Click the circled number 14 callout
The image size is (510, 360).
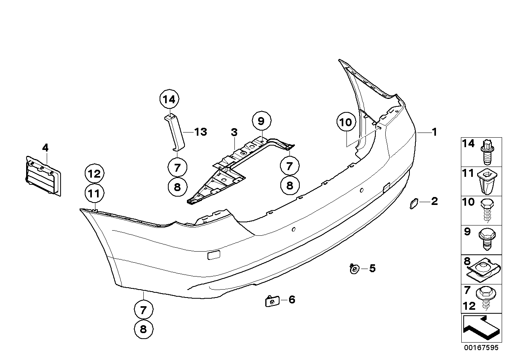pyautogui.click(x=169, y=99)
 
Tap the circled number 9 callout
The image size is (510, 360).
pyautogui.click(x=261, y=120)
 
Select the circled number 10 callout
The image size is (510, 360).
pyautogui.click(x=346, y=123)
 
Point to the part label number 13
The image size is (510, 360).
pyautogui.click(x=201, y=132)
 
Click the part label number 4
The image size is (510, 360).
pyautogui.click(x=45, y=148)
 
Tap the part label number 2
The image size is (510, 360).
pyautogui.click(x=434, y=201)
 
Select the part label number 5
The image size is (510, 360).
pyautogui.click(x=372, y=269)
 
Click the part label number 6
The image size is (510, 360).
pyautogui.click(x=292, y=300)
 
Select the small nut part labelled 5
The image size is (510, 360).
pyautogui.click(x=354, y=269)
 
